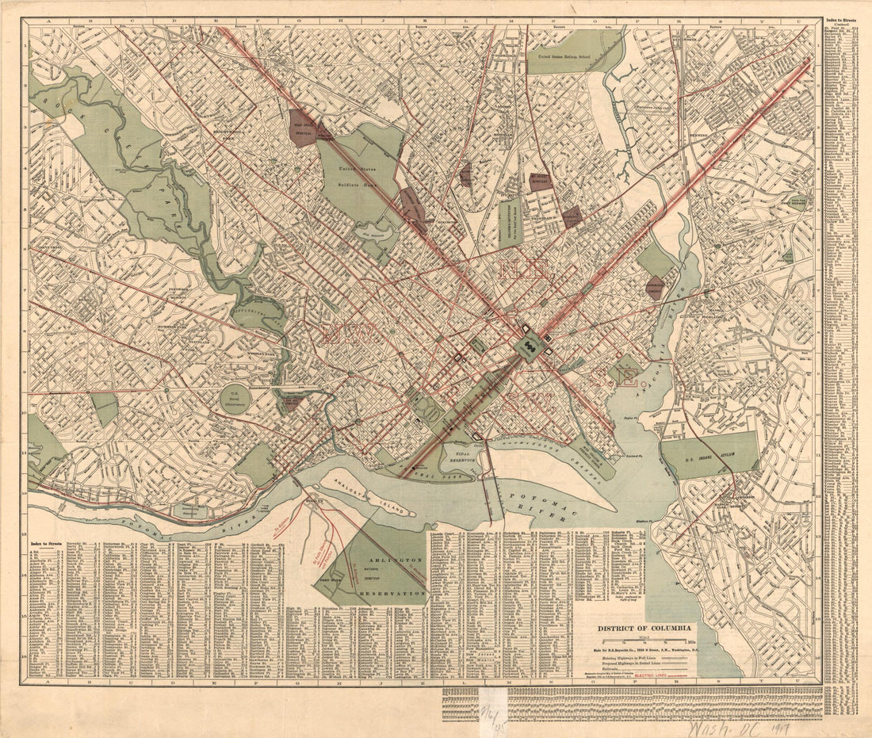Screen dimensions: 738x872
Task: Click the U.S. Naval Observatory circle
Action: [235, 398]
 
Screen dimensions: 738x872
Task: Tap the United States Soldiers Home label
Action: [359, 172]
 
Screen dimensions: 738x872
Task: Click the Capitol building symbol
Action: [528, 347]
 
